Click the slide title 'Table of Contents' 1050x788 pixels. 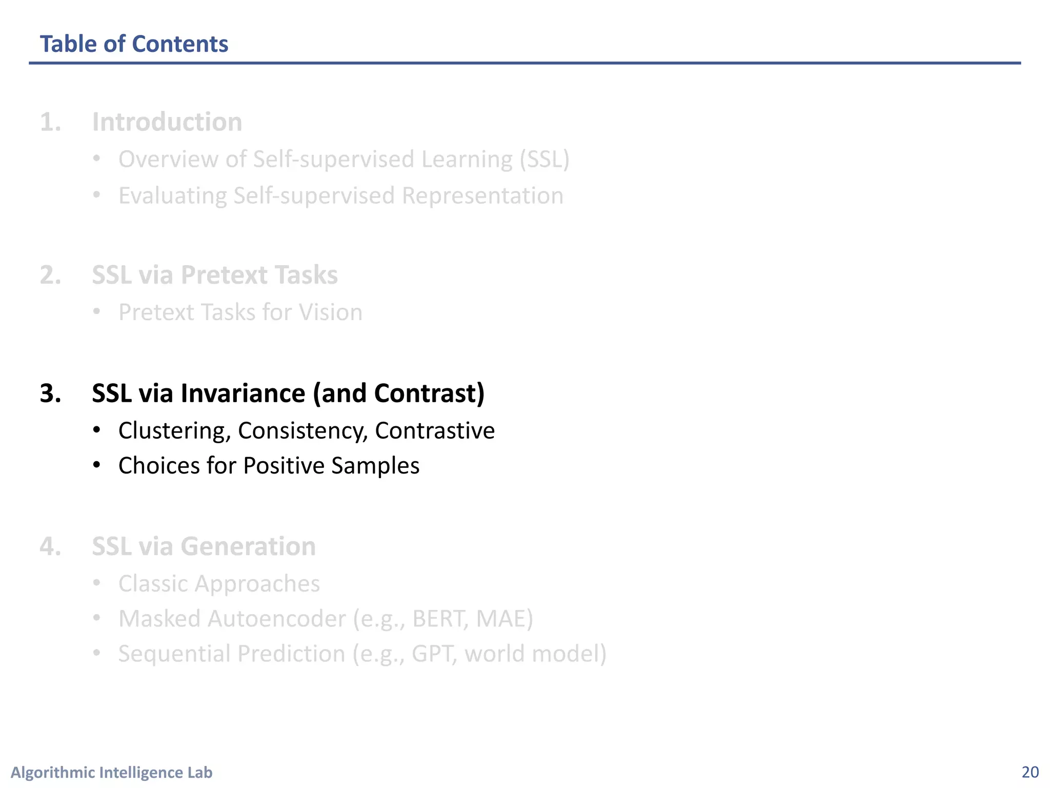[x=134, y=44]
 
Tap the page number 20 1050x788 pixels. [x=1030, y=772]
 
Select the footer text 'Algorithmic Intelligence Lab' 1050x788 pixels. [x=111, y=772]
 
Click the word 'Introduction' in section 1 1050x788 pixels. [x=167, y=122]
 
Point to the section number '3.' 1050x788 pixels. [x=51, y=393]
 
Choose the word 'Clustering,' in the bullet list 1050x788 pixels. [x=174, y=430]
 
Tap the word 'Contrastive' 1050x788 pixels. [x=435, y=430]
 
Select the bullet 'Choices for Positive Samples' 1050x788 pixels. [x=269, y=466]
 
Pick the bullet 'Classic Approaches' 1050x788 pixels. [x=219, y=584]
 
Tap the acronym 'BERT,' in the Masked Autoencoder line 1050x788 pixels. [x=440, y=619]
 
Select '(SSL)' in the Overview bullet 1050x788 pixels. [x=544, y=160]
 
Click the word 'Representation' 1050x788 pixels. [x=482, y=196]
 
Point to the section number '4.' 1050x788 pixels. [x=51, y=546]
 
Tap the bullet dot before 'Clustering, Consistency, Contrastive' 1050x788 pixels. [x=96, y=430]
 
